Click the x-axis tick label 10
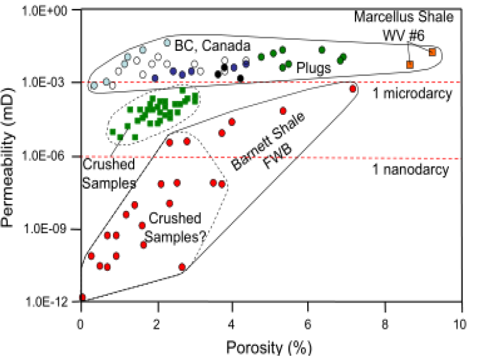click(x=461, y=323)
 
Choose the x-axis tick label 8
click(x=385, y=323)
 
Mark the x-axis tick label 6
click(x=309, y=323)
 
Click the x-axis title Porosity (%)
click(x=269, y=348)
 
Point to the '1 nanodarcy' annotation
click(x=410, y=169)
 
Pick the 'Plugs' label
click(x=313, y=68)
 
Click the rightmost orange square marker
click(x=432, y=52)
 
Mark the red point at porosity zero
click(x=82, y=298)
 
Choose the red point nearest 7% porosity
click(x=352, y=89)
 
